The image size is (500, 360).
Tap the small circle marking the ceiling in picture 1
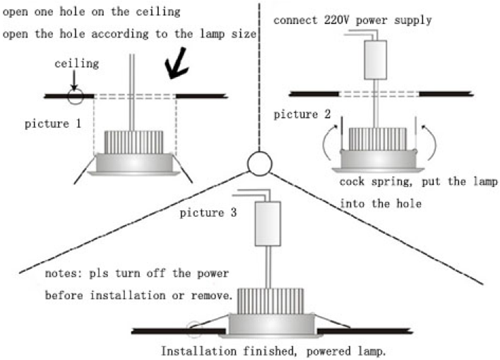point(75,95)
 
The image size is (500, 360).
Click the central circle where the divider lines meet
point(258,163)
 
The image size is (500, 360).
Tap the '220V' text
point(337,20)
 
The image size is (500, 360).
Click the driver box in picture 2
point(374,59)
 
